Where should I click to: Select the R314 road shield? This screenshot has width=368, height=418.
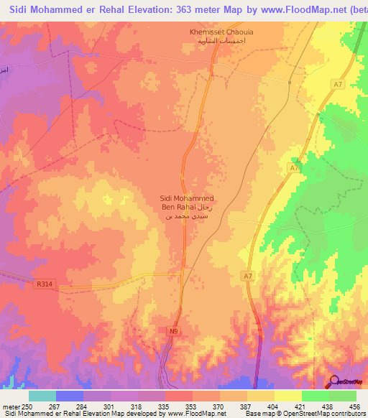[44, 284]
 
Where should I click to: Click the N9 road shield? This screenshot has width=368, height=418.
[173, 331]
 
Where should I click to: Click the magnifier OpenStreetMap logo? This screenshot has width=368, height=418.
[334, 381]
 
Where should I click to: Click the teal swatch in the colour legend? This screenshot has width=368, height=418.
[42, 396]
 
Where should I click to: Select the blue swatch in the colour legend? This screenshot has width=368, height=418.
[70, 396]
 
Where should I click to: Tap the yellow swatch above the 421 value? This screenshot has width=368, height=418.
[288, 396]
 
